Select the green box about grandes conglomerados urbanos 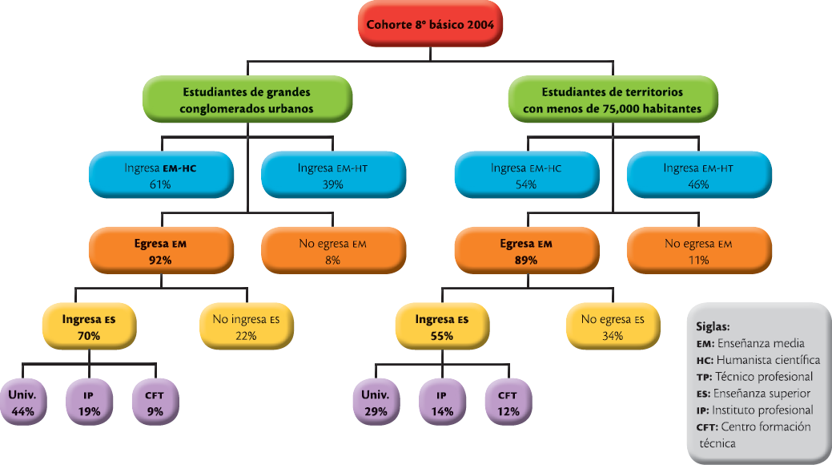(247, 100)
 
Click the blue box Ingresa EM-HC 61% (161, 176)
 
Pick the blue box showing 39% (332, 176)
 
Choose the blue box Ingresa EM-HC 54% (527, 176)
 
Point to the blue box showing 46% (698, 176)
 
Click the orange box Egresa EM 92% (161, 251)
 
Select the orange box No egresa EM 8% (332, 251)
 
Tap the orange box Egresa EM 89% (527, 251)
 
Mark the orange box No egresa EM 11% (698, 251)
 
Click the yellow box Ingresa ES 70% (89, 327)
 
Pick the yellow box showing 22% (246, 327)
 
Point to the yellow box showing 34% (613, 327)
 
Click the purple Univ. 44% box (23, 402)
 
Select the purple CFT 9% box (155, 402)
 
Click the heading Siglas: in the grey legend (713, 327)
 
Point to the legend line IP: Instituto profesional (755, 410)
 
